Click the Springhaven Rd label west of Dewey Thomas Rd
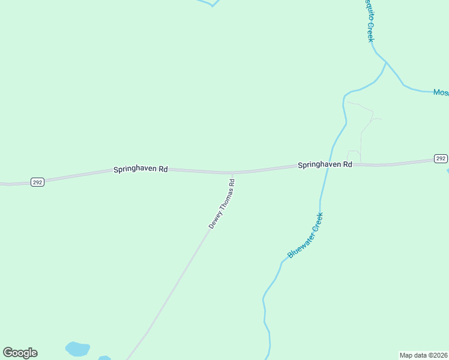(x=140, y=170)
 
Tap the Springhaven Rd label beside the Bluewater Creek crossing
(x=325, y=164)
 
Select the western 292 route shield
(x=37, y=182)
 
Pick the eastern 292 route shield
(x=441, y=158)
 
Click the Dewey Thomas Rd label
(x=221, y=203)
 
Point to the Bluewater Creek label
(x=306, y=235)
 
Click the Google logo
(x=20, y=353)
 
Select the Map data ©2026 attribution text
(x=424, y=355)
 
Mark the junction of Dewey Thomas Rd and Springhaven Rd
(x=233, y=173)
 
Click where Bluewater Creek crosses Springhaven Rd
(x=327, y=165)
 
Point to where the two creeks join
(x=385, y=62)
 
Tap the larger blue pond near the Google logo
(x=77, y=349)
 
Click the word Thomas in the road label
(x=224, y=199)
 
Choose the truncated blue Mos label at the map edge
(x=441, y=92)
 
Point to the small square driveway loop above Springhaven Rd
(x=354, y=155)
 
